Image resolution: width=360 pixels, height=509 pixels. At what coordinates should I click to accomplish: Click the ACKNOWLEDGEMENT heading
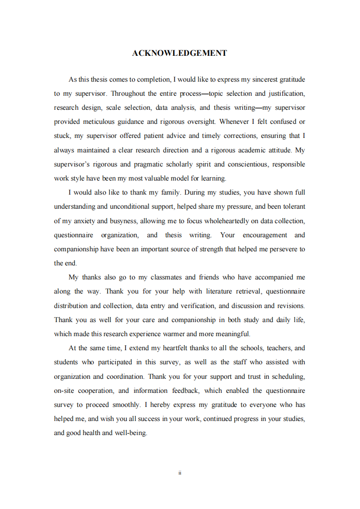point(179,53)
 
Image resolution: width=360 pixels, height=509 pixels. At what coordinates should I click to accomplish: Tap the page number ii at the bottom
point(180,473)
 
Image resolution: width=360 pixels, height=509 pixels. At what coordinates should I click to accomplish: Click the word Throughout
point(128,93)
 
